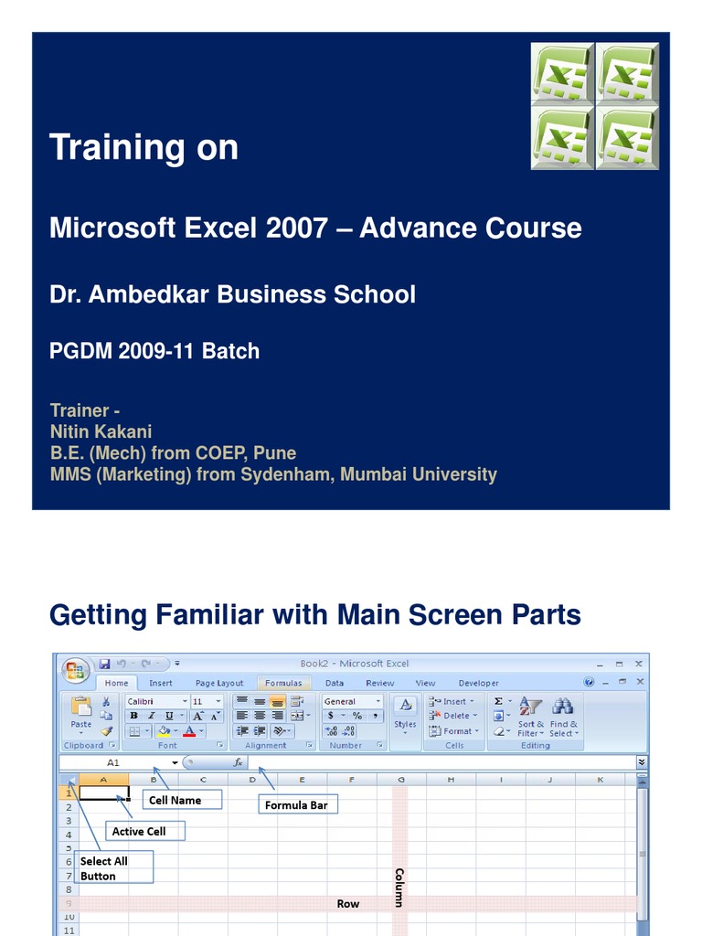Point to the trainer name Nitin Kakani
101,431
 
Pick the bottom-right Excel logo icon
626,138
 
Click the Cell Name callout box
175,800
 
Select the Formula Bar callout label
296,805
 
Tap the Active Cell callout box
139,831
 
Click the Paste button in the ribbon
81,713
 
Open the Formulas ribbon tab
284,683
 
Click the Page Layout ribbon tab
219,683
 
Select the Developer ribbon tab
479,683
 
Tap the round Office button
76,670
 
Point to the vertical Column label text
399,887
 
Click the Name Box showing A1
113,761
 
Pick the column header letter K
601,780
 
